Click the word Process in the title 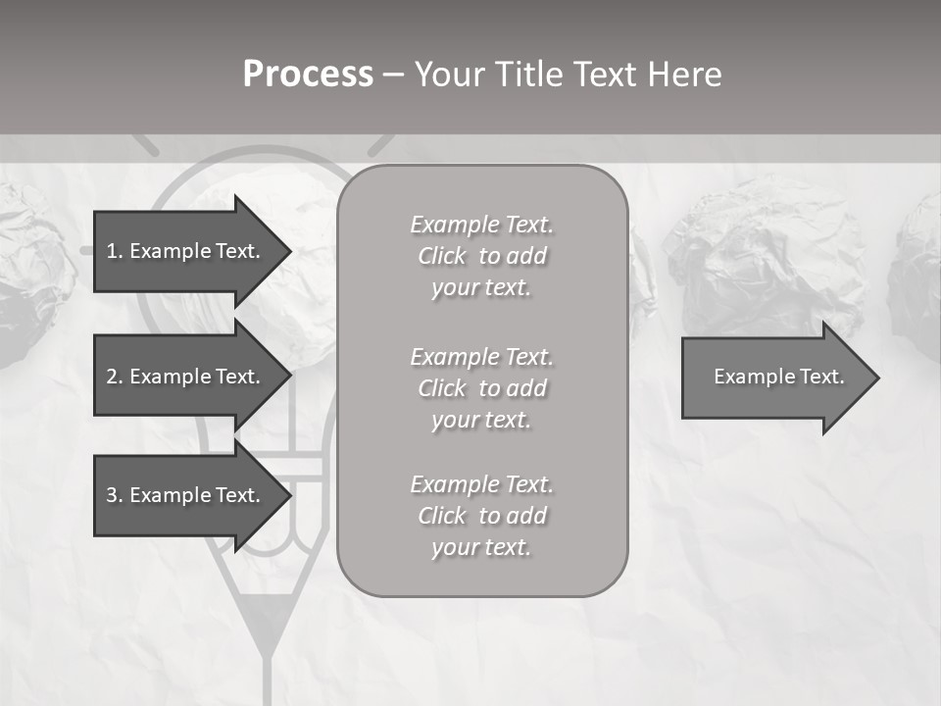point(308,75)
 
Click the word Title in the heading point(527,75)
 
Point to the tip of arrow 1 point(290,251)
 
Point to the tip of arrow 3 point(290,495)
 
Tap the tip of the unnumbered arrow point(877,378)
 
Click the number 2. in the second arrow point(114,377)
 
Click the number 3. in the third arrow point(114,495)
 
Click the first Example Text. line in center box point(481,225)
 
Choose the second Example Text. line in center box point(481,356)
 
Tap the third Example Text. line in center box point(481,483)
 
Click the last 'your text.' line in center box point(481,547)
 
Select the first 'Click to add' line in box point(481,256)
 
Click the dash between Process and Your point(393,75)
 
